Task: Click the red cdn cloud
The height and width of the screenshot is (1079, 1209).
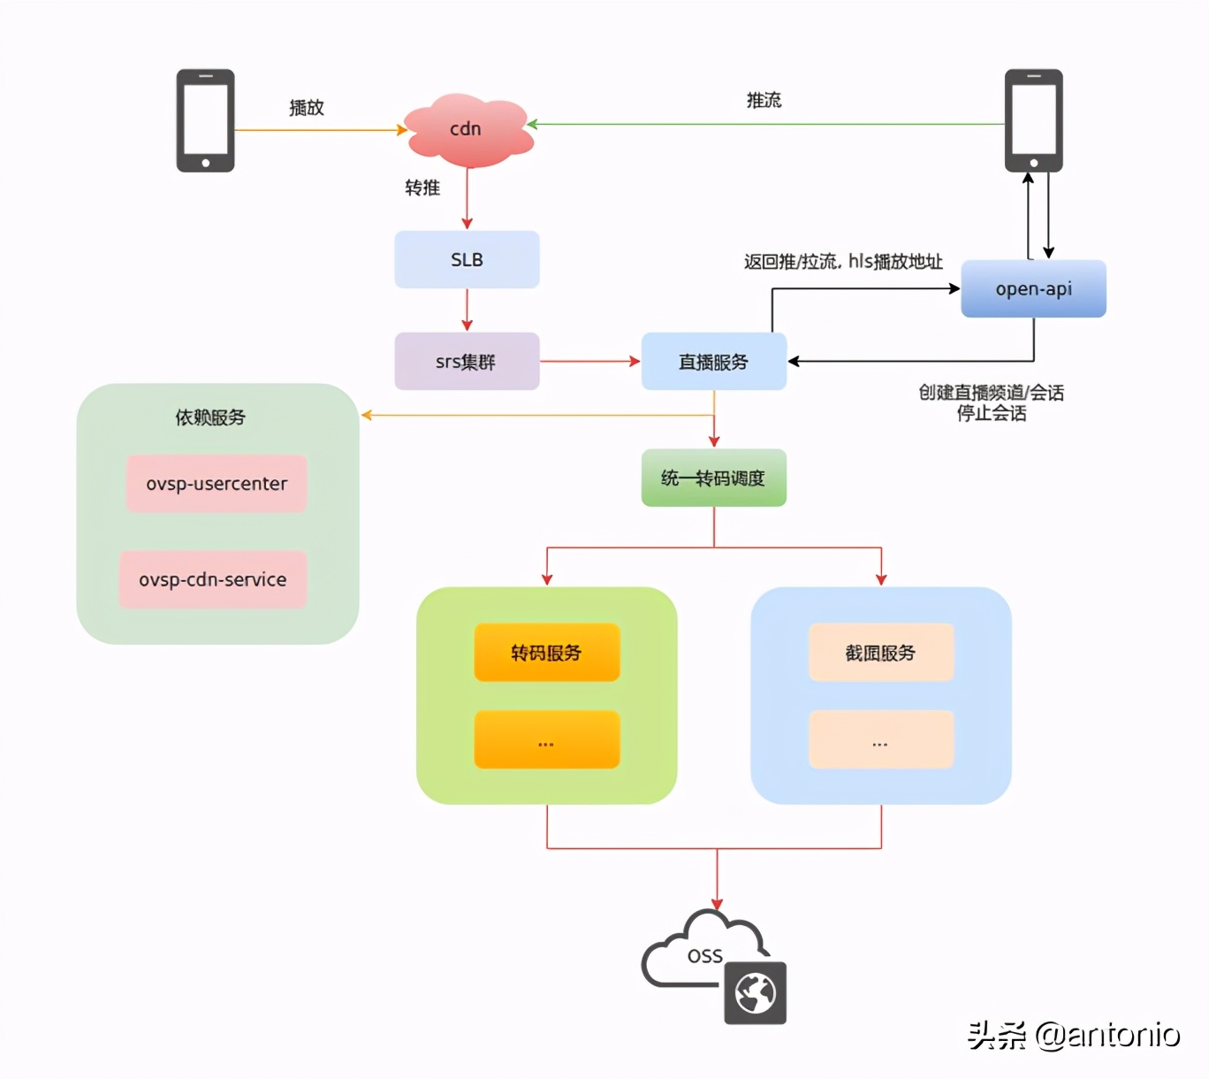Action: coord(468,130)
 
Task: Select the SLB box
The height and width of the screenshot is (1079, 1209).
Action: coord(467,260)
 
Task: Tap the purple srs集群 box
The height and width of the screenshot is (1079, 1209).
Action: coord(467,362)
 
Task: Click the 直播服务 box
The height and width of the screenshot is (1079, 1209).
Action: coord(713,362)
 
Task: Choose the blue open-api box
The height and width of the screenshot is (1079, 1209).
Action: coord(1033,289)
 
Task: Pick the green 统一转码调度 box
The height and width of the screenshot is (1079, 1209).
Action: coord(713,478)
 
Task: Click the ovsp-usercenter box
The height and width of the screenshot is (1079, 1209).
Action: coord(217,484)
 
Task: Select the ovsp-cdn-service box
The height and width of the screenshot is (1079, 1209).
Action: coord(213,579)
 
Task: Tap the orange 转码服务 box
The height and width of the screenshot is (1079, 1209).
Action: coord(546,653)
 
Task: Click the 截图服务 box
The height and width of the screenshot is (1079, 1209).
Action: coord(880,653)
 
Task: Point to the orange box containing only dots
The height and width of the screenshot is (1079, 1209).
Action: coord(546,739)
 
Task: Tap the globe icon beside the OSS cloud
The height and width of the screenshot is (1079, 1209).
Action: coord(756,993)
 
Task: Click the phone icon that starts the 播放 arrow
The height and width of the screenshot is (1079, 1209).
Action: coord(205,120)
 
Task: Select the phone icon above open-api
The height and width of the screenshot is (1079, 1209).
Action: coord(1033,120)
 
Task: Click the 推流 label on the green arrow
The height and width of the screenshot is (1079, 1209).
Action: coord(764,101)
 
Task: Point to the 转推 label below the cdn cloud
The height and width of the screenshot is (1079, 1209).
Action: coord(422,187)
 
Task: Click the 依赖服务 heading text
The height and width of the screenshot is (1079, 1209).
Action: coord(210,417)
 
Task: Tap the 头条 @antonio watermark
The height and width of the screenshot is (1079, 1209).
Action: coord(1073,1034)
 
